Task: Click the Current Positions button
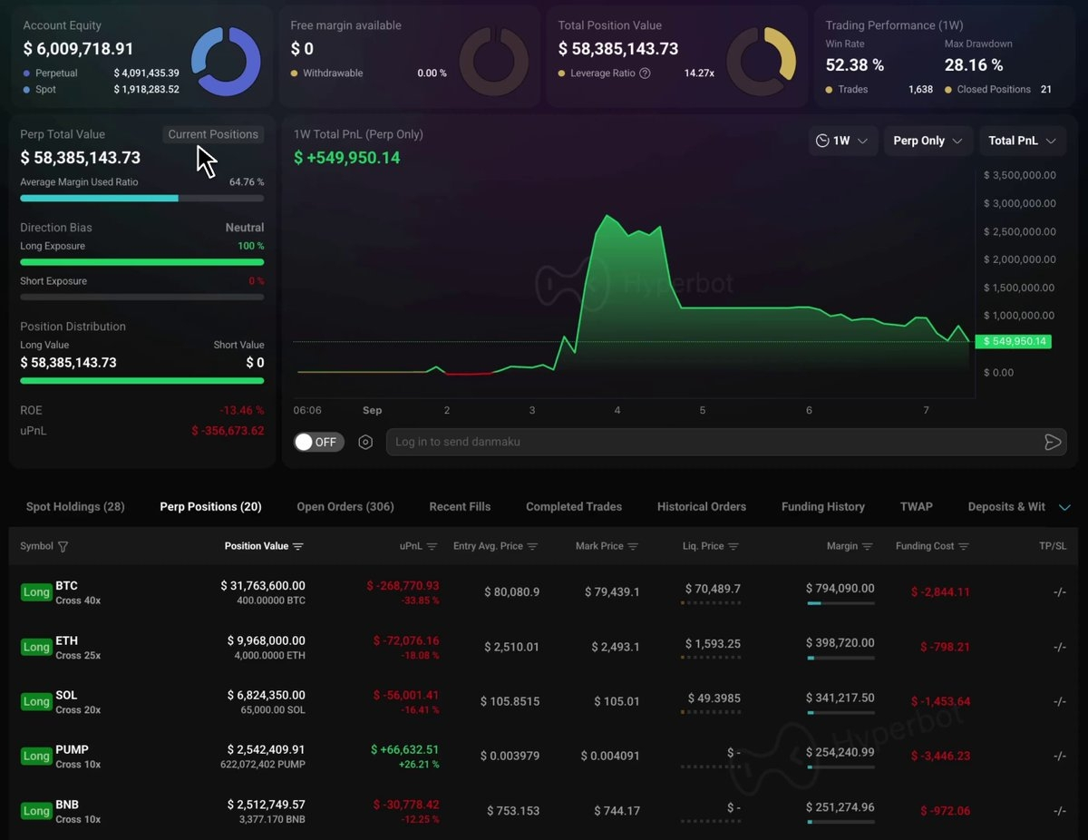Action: tap(213, 134)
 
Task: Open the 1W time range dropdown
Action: tap(842, 141)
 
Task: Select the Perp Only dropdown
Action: tap(928, 141)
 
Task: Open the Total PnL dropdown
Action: tap(1022, 141)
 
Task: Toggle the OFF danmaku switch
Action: tap(318, 442)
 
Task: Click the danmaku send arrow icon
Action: tap(1052, 442)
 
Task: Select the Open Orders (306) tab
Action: tap(345, 507)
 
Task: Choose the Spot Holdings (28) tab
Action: tap(75, 507)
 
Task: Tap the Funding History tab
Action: tap(822, 507)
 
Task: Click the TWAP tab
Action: tap(916, 507)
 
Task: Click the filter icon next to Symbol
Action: tap(63, 546)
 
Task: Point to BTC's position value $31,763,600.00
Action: tap(263, 585)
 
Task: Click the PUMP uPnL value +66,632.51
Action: tap(404, 749)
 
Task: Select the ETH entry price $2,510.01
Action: tap(511, 647)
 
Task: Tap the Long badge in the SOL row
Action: tap(36, 701)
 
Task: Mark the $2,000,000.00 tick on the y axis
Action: tap(1019, 259)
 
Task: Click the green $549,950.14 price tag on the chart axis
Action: tap(1014, 341)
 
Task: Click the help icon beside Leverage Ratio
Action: tap(646, 73)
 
